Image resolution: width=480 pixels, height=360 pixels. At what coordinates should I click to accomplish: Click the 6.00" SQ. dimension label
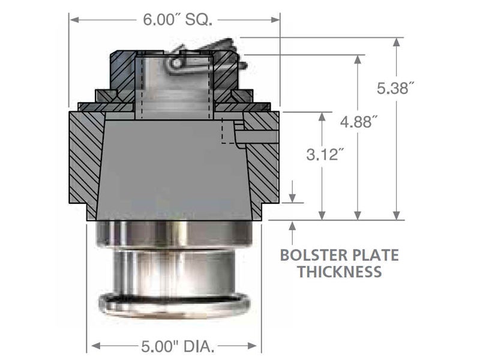(x=175, y=19)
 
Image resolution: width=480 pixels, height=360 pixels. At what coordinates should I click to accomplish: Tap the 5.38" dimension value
(x=395, y=88)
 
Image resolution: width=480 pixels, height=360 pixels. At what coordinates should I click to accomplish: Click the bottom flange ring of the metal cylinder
(x=173, y=303)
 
